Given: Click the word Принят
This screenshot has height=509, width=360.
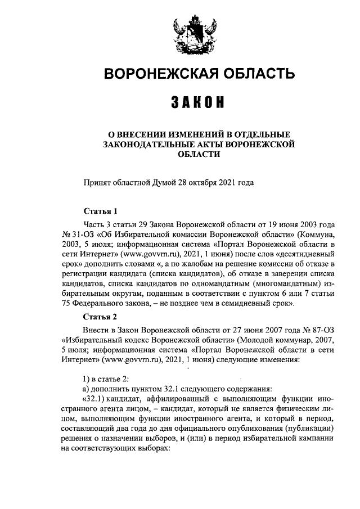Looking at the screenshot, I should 97,183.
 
